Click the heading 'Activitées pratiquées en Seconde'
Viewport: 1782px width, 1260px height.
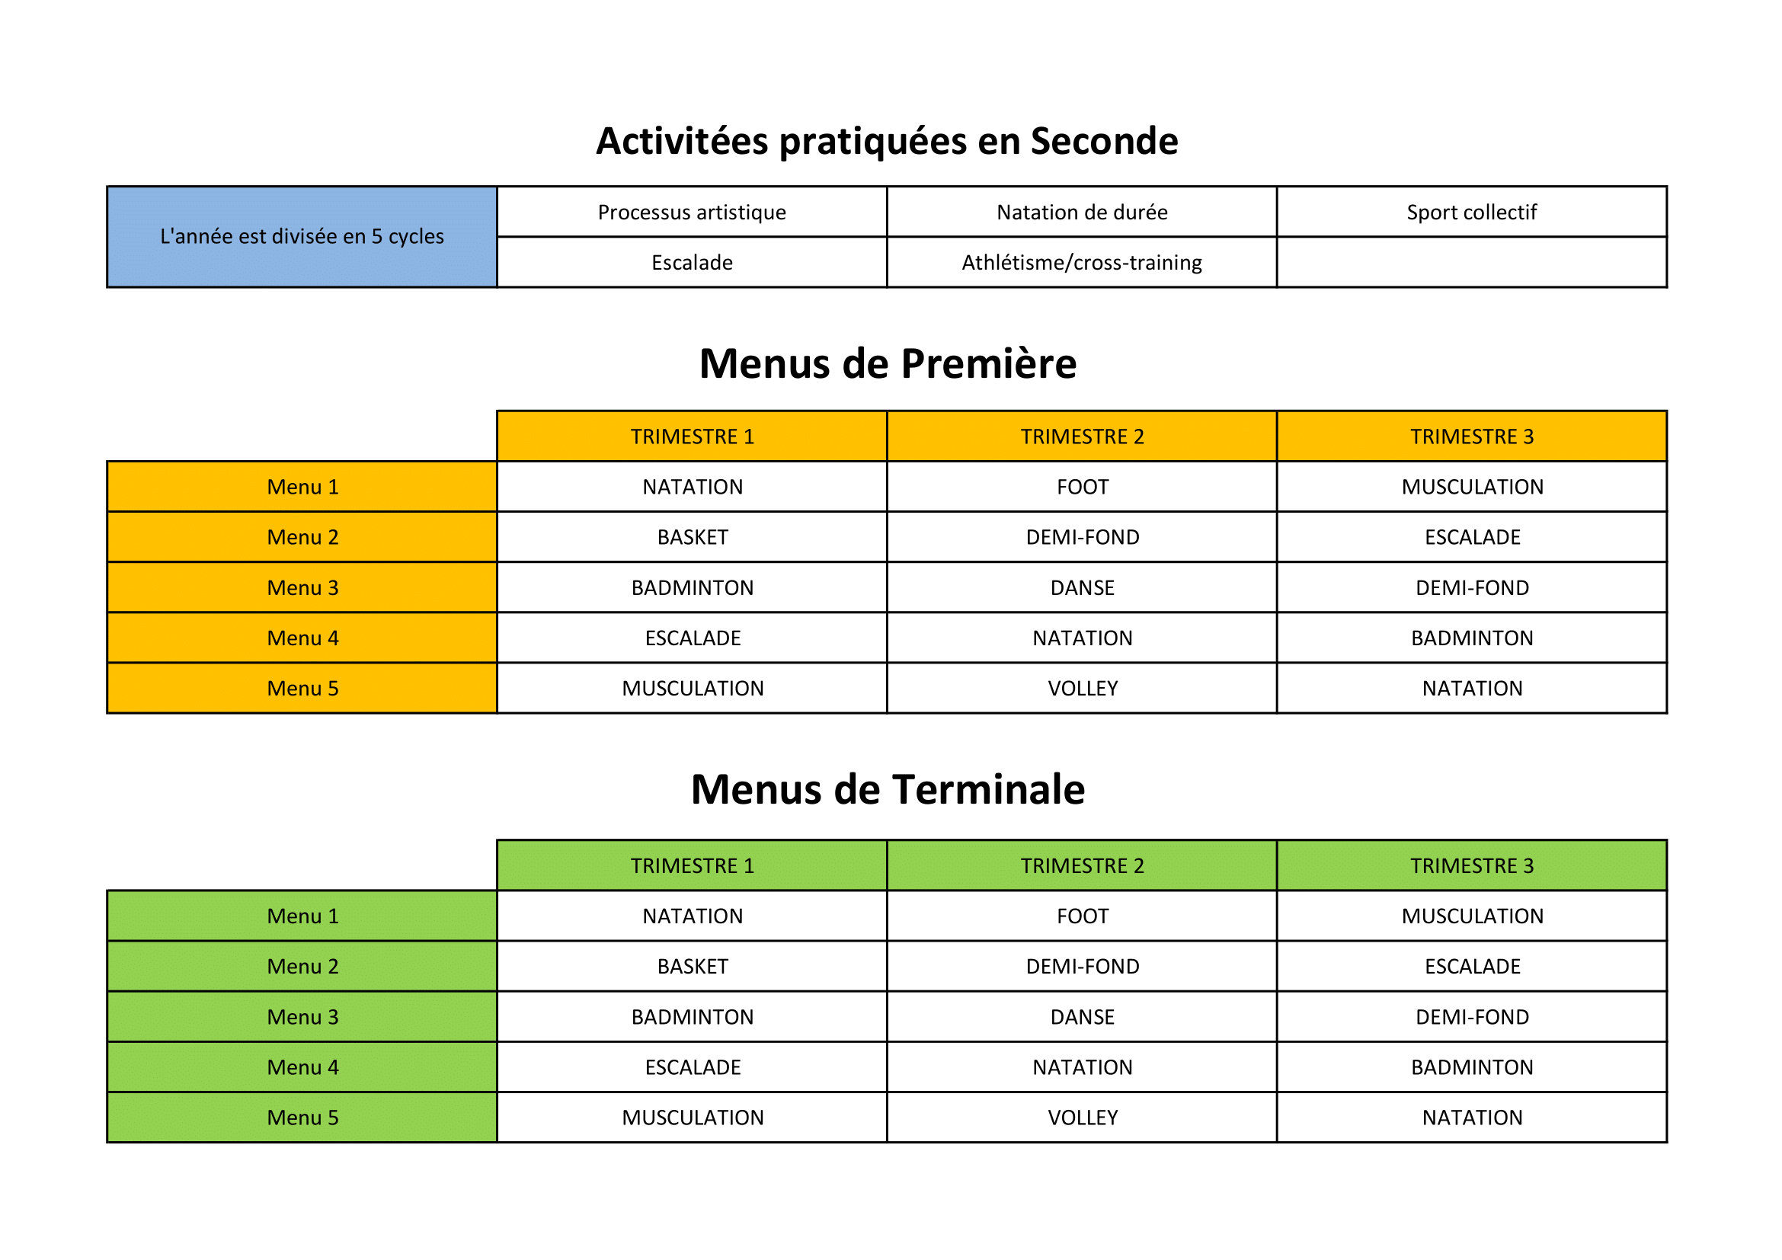886,141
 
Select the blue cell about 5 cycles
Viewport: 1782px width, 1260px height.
301,237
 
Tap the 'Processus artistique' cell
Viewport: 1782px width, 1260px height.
692,212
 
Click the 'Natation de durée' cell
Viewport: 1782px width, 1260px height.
1081,212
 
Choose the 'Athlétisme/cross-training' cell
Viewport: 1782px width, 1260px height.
1081,262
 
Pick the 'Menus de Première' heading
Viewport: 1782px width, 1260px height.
887,363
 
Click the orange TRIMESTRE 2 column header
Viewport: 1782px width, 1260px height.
1081,436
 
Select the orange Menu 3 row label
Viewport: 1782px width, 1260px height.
302,587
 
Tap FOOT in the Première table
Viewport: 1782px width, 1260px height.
1082,487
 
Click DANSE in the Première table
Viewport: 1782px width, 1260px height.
1082,587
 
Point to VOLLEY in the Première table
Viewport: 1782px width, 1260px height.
1082,688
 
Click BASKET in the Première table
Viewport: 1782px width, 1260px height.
693,537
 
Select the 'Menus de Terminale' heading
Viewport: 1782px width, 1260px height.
887,789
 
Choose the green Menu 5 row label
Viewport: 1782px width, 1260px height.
302,1118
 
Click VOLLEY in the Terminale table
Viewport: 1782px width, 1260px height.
1082,1118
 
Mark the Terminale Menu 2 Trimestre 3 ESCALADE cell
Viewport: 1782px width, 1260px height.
1472,966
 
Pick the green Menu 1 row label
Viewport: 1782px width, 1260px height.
302,916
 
